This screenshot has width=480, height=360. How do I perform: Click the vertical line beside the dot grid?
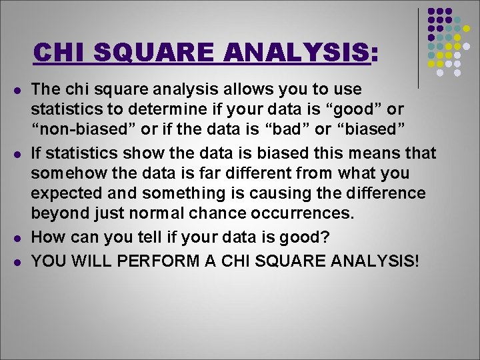418,47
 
